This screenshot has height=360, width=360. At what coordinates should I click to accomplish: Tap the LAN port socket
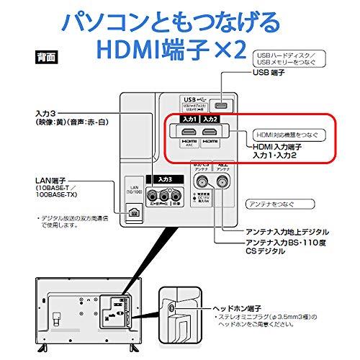(x=134, y=212)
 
